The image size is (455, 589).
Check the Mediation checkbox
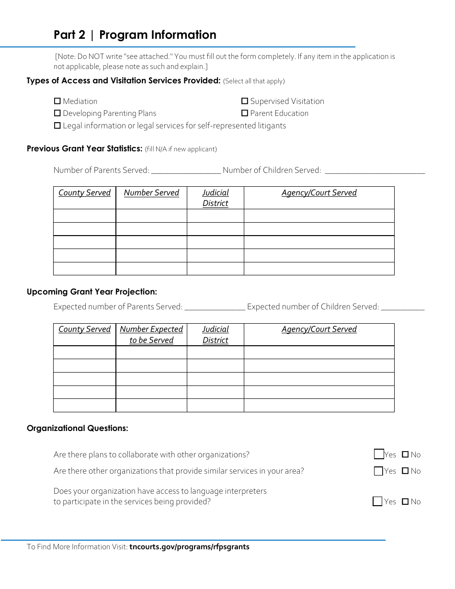pyautogui.click(x=57, y=101)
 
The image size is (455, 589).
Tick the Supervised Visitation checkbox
pyautogui.click(x=245, y=101)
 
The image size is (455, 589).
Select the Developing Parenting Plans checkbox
pyautogui.click(x=57, y=113)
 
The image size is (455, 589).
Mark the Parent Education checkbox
pyautogui.click(x=245, y=113)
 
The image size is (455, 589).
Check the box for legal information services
pyautogui.click(x=57, y=126)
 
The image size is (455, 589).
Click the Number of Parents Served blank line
pyautogui.click(x=186, y=170)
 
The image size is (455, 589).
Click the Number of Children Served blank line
pyautogui.click(x=375, y=170)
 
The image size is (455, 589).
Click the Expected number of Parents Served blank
pyautogui.click(x=215, y=307)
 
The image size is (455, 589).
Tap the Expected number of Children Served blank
pyautogui.click(x=402, y=307)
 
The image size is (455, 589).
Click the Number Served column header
pyautogui.click(x=151, y=193)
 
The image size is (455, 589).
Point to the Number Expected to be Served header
pyautogui.click(x=151, y=335)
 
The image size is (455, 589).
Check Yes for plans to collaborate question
pyautogui.click(x=379, y=454)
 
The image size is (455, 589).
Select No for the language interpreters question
pyautogui.click(x=406, y=502)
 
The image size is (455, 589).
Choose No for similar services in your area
pyautogui.click(x=406, y=471)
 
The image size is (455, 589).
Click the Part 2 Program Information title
pyautogui.click(x=135, y=35)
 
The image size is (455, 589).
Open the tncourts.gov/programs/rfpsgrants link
pyautogui.click(x=189, y=547)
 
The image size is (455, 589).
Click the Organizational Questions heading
pyautogui.click(x=78, y=429)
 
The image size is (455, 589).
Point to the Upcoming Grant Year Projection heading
pyautogui.click(x=92, y=292)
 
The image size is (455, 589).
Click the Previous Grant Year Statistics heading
pyautogui.click(x=85, y=149)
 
